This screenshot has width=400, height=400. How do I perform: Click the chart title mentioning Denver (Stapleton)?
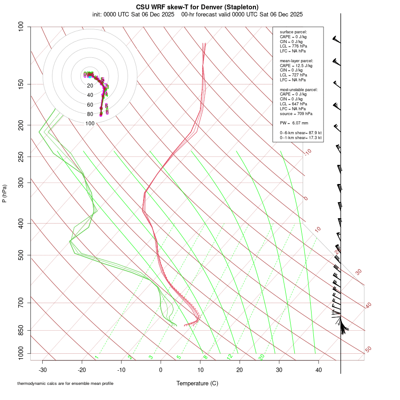pos(197,7)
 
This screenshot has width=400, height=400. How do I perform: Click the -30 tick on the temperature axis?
pos(43,369)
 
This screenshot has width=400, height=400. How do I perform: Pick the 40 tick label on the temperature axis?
pos(318,369)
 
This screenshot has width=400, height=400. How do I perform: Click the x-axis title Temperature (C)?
pos(197,383)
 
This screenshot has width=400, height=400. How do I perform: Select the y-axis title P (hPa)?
pos(4,194)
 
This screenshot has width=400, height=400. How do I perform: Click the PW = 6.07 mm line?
pos(294,123)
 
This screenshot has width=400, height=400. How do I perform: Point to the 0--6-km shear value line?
pos(300,132)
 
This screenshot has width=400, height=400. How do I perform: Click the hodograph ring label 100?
pos(90,124)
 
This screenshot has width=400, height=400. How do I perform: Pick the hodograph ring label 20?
pos(90,86)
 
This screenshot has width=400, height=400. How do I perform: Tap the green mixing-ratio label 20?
pos(261,356)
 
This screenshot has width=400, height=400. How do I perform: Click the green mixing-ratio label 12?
pos(230,356)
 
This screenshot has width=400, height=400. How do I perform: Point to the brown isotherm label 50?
pos(368,350)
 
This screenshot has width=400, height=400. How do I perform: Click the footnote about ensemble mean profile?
pos(65,384)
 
